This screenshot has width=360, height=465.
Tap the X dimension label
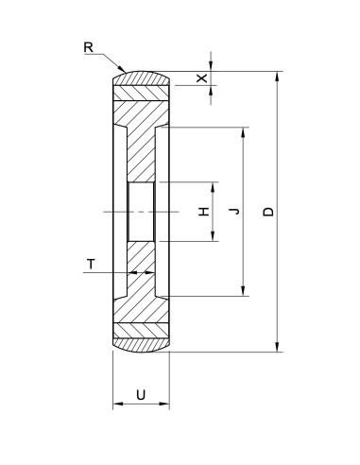[200, 78]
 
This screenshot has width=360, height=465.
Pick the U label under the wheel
[141, 394]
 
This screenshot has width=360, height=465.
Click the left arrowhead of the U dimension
[116, 405]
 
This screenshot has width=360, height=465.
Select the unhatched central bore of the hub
[141, 212]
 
